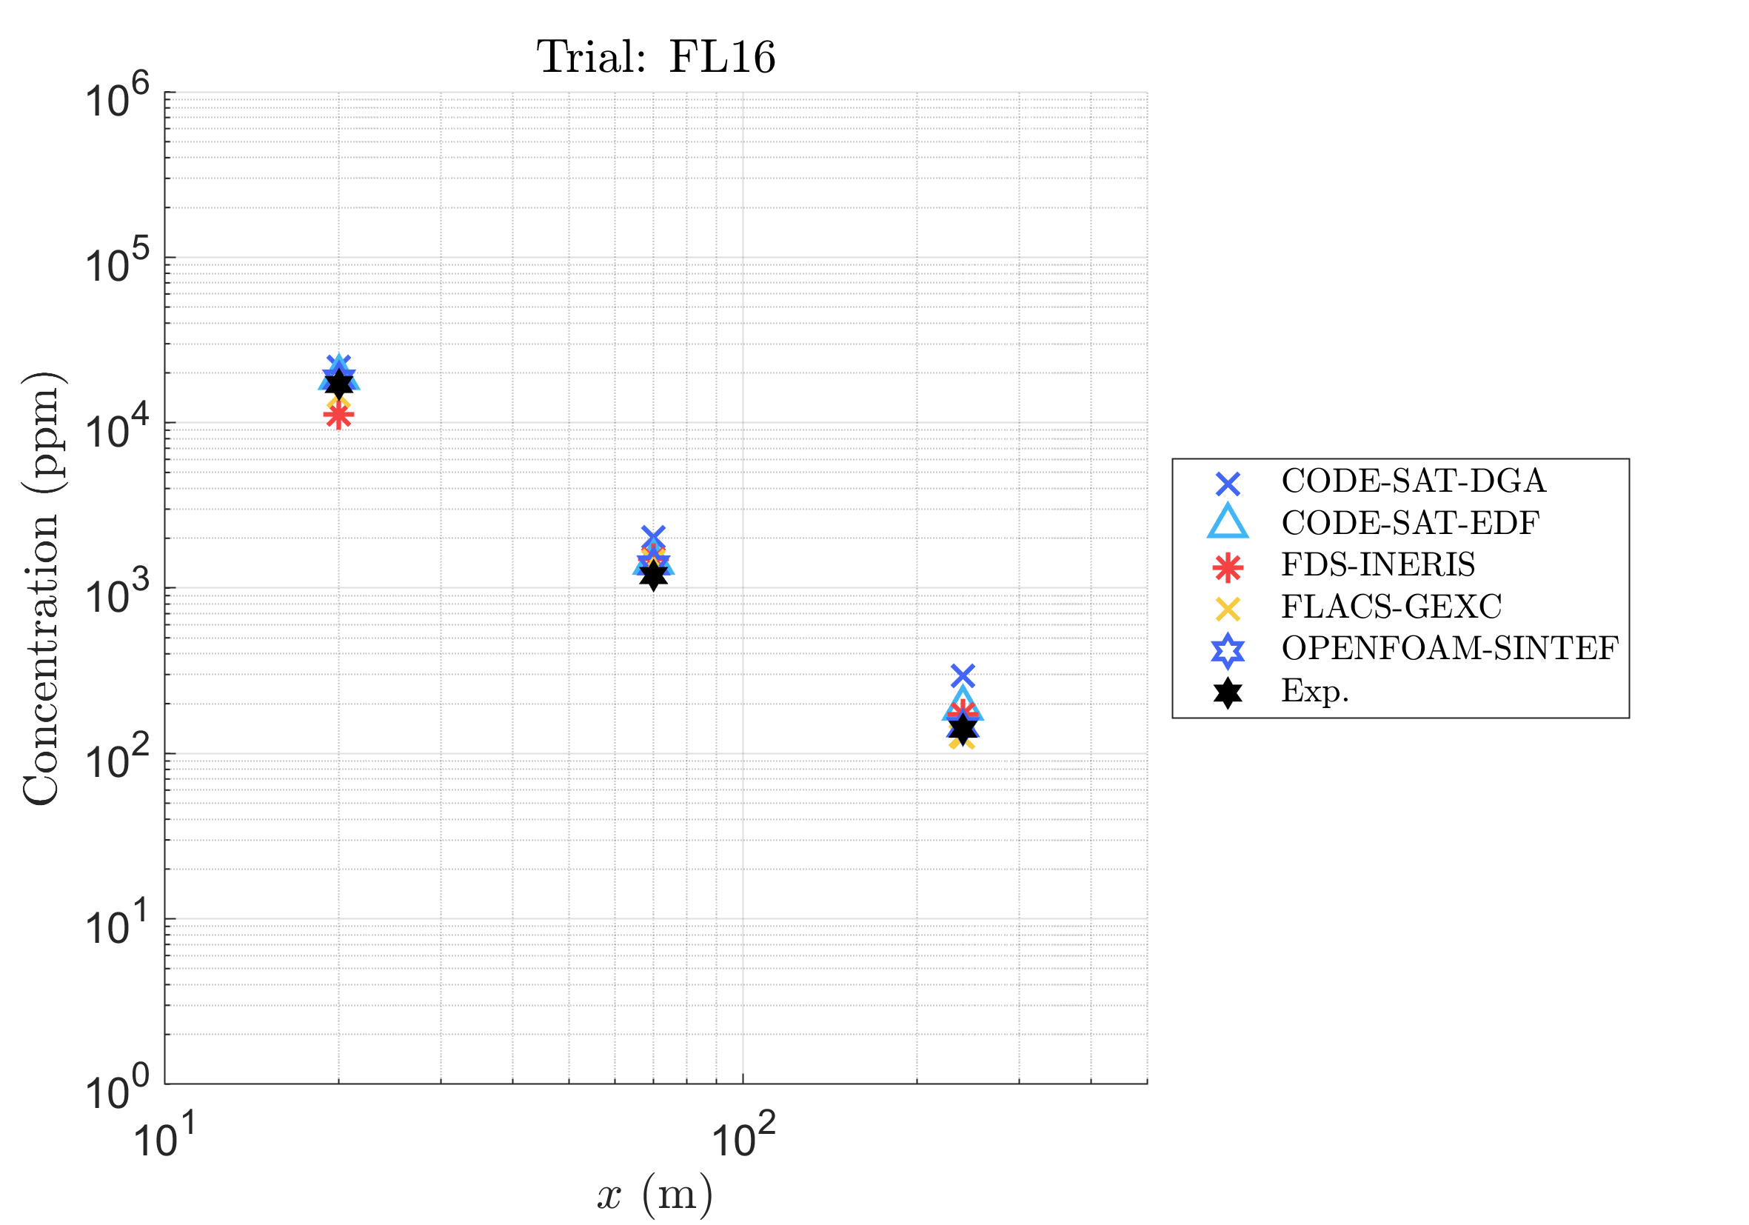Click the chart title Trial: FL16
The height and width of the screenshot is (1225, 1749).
(656, 57)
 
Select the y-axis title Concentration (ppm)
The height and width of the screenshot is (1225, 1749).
(42, 588)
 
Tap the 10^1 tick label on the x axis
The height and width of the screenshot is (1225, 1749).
(164, 1140)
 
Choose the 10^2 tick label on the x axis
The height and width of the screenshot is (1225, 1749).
(743, 1140)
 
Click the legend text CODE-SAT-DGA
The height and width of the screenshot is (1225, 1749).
(1413, 481)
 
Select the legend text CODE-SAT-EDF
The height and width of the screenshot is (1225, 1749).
(1410, 523)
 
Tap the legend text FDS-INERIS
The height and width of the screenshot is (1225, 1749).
(1378, 564)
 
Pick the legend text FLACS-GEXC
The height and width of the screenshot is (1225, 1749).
(1391, 607)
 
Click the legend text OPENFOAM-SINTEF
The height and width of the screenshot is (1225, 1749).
(1450, 648)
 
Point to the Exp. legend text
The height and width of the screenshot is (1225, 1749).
(1315, 691)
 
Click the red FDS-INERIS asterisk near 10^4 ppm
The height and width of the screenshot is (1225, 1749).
(338, 416)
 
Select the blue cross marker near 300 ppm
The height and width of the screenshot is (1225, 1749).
(963, 675)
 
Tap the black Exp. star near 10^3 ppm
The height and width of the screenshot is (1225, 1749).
(653, 575)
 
